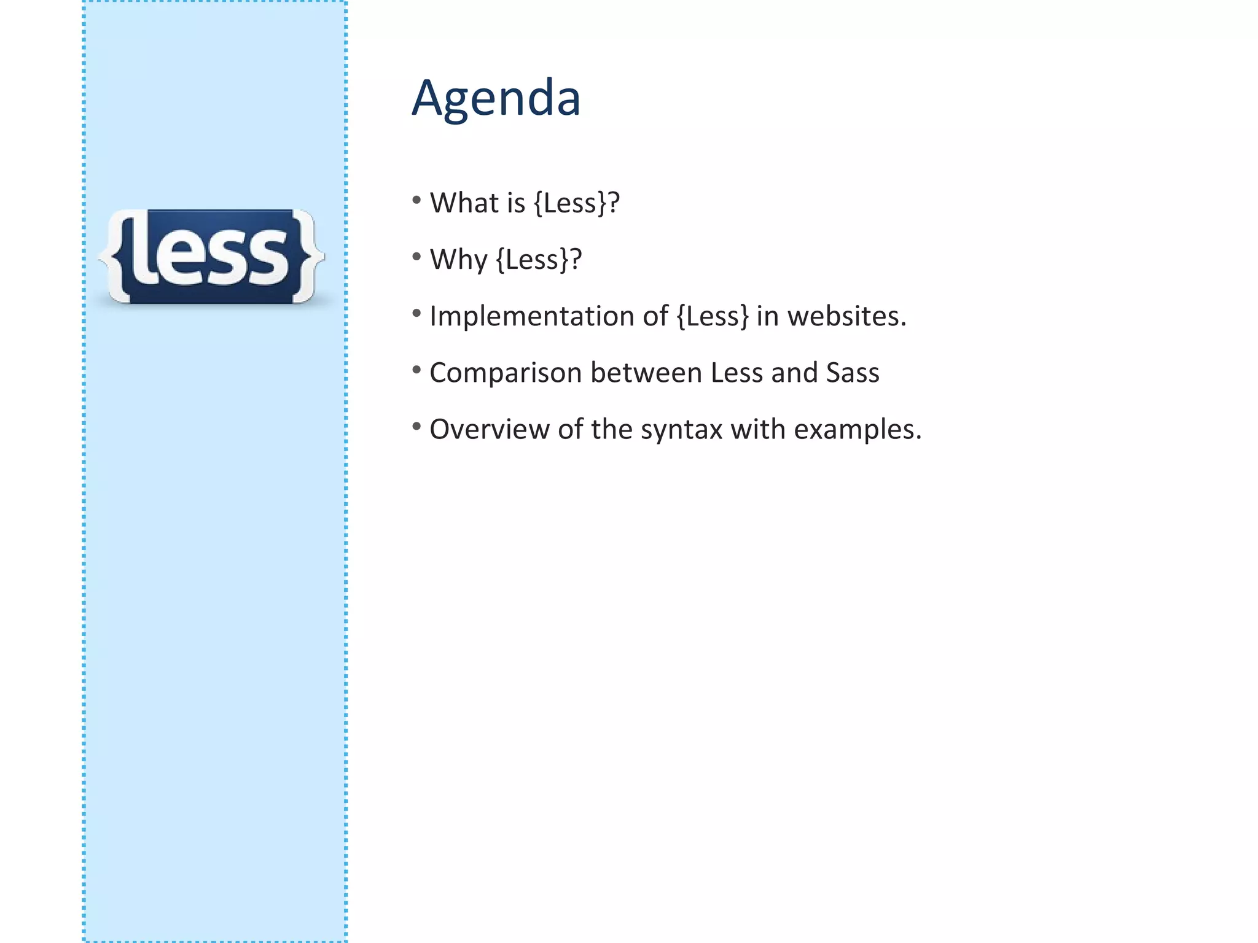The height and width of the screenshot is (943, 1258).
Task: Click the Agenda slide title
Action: [x=496, y=98]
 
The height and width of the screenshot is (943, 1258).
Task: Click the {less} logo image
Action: [x=211, y=257]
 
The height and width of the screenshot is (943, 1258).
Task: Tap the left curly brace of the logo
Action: [x=117, y=257]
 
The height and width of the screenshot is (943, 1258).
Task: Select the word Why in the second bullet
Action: [x=458, y=259]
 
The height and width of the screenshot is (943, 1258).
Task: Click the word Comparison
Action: [x=506, y=373]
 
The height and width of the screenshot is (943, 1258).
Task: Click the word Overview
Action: [x=489, y=429]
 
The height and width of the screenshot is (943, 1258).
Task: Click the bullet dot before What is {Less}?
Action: [x=416, y=200]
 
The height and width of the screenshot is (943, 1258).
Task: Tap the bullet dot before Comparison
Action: [x=416, y=370]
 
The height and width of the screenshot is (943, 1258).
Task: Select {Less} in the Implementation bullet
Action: [x=713, y=316]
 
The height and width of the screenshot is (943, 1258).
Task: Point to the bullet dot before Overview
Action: [x=416, y=426]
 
